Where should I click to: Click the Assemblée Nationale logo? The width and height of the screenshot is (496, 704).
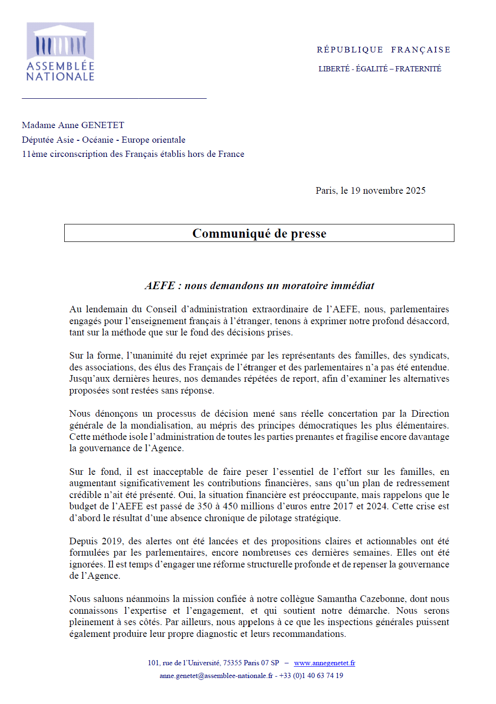coord(60,52)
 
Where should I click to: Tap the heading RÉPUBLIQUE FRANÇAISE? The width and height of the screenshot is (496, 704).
coord(383,50)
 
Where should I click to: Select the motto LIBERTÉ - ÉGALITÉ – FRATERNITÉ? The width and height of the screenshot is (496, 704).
coord(380,69)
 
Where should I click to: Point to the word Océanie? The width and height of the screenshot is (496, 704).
coord(98,140)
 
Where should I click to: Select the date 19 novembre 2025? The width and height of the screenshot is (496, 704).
coord(388,190)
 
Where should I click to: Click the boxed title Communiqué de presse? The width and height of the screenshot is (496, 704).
coord(259,233)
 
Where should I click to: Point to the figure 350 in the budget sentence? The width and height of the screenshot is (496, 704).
coord(205,507)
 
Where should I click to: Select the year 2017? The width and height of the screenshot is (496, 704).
coord(342,507)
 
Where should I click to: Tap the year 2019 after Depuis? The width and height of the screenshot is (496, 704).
coord(112,541)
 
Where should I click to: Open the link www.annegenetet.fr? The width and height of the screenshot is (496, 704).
coord(325,663)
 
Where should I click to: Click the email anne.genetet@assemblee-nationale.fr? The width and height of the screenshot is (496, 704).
coord(216,676)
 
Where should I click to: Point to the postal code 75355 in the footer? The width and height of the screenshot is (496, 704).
coord(232,663)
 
